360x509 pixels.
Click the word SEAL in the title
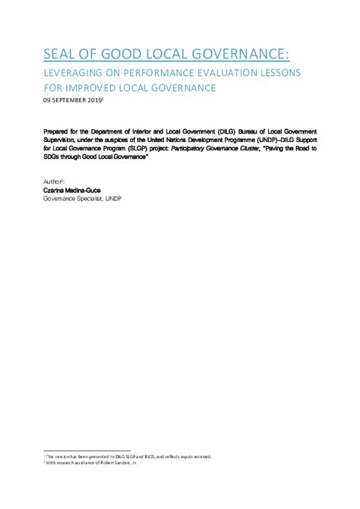tap(62, 54)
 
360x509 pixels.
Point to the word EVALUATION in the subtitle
tap(244, 73)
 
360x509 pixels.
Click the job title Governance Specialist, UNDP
tap(83, 198)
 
